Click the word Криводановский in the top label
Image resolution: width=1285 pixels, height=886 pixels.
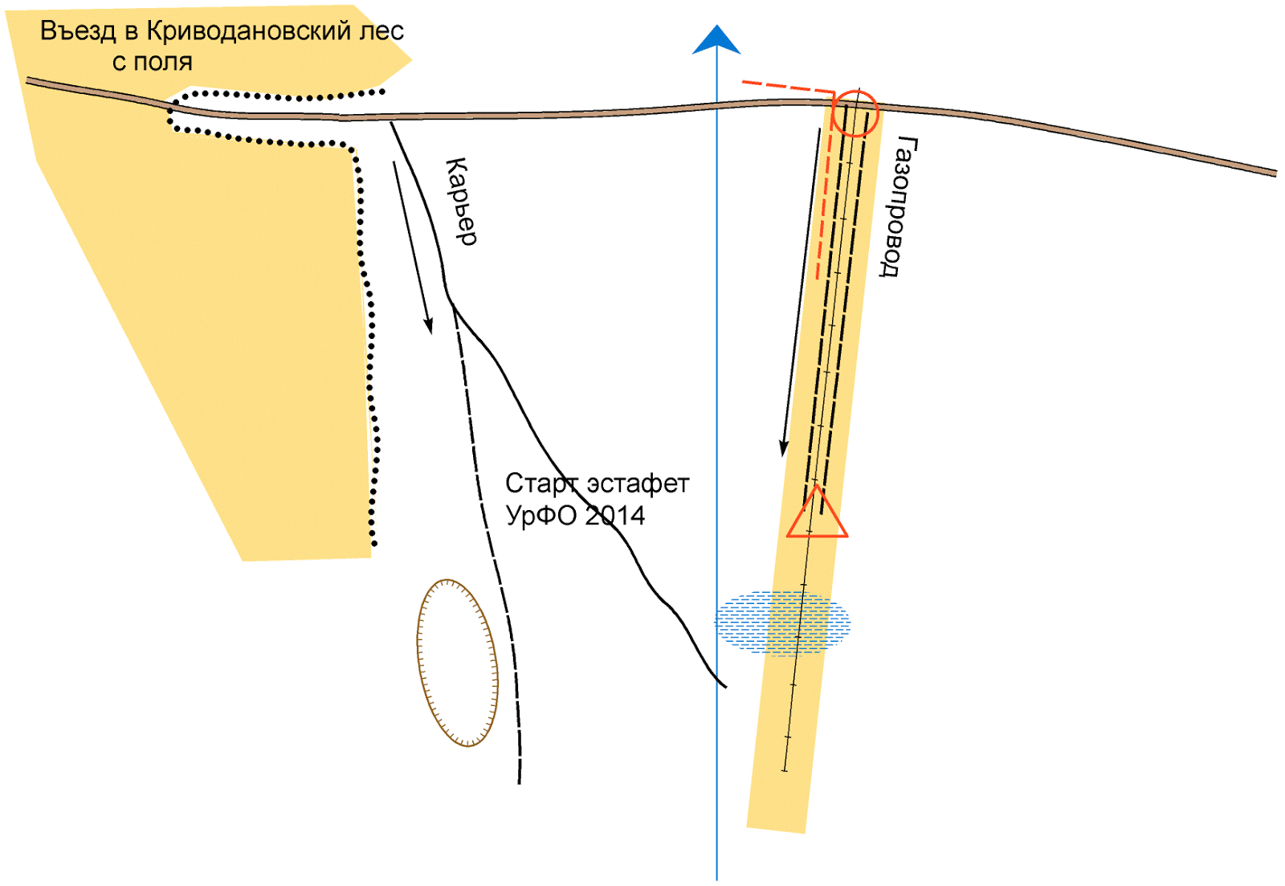[x=250, y=31]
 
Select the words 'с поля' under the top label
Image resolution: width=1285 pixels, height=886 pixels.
[x=152, y=62]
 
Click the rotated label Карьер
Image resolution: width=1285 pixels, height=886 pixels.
[x=461, y=201]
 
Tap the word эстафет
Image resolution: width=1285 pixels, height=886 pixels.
[x=638, y=484]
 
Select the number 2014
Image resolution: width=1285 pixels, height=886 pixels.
[x=614, y=515]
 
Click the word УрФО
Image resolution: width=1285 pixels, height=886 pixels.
[x=541, y=515]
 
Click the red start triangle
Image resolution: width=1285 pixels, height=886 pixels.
[x=817, y=516]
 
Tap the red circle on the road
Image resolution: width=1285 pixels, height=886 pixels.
[x=855, y=113]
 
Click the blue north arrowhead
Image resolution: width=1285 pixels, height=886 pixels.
[x=716, y=40]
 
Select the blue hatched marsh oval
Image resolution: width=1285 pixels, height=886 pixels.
[x=782, y=623]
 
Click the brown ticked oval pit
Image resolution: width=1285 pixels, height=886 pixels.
[x=457, y=663]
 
